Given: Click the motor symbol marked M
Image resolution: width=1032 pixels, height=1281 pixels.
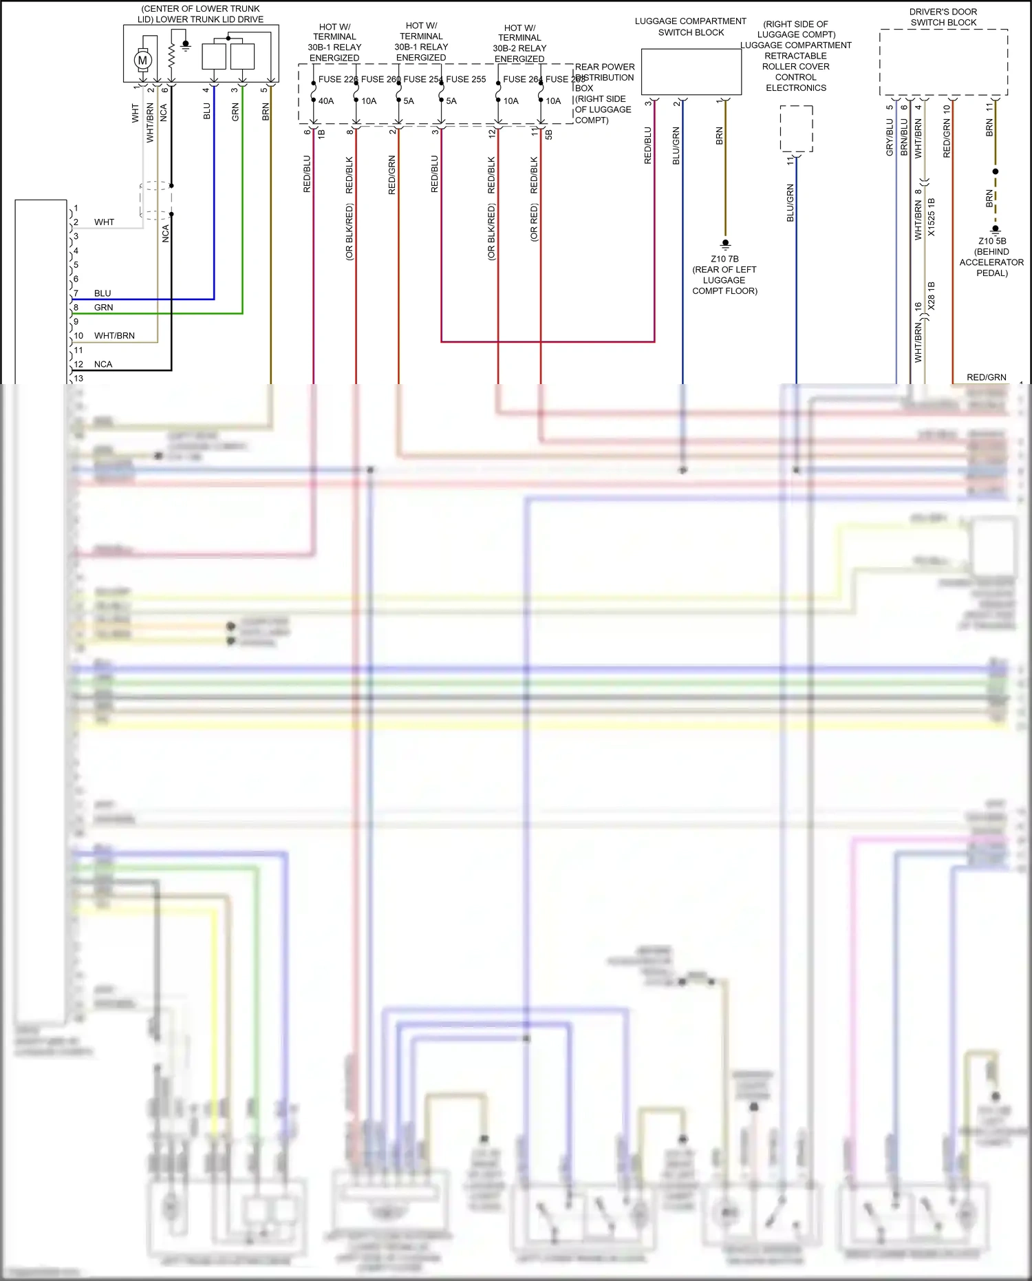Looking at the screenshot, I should (142, 60).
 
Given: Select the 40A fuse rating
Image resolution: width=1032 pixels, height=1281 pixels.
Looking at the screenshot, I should (326, 101).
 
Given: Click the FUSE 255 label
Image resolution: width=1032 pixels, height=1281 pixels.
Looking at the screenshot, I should (466, 79).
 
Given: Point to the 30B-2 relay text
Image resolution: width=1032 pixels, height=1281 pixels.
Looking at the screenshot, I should (519, 48).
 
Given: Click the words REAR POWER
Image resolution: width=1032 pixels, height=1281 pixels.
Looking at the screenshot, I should (605, 67).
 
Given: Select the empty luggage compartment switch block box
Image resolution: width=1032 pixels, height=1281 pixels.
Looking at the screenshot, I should (691, 71).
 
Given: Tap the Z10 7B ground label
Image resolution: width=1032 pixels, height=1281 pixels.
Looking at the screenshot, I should (724, 259).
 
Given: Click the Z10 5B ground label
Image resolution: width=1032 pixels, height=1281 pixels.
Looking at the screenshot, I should (992, 241).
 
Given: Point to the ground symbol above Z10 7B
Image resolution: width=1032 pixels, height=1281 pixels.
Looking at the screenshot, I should (725, 244).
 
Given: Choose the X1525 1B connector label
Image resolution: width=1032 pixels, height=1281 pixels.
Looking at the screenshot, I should (932, 217).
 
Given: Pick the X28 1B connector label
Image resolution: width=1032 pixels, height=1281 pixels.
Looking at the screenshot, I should (932, 295).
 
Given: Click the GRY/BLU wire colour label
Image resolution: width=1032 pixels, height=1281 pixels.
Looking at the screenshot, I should (890, 137).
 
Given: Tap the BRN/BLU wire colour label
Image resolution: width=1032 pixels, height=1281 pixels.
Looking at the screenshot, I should (904, 137).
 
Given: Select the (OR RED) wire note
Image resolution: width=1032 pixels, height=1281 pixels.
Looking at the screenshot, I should (535, 222).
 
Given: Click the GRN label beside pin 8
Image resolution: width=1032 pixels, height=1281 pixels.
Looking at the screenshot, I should (104, 308).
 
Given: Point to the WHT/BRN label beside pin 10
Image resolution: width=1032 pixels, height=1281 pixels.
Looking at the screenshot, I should (114, 336).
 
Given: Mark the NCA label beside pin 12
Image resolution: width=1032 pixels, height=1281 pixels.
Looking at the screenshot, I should (103, 364).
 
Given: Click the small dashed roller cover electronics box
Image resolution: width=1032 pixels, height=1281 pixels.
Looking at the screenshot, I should (796, 129).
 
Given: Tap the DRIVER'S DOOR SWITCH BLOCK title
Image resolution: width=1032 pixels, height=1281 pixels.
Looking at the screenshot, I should (943, 17).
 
